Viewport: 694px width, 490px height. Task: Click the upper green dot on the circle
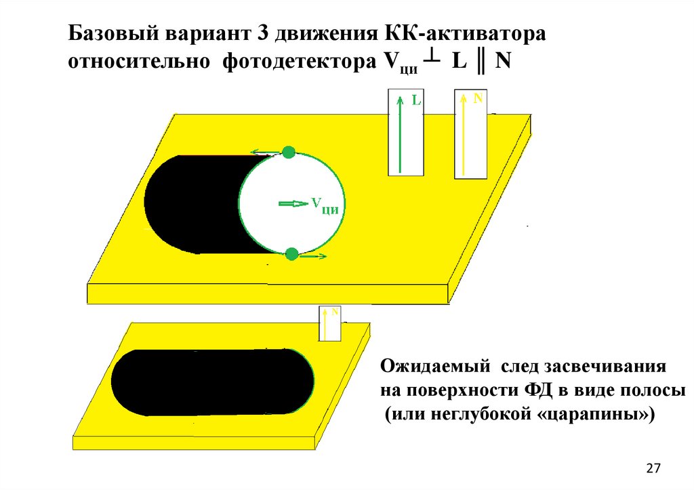[289, 152]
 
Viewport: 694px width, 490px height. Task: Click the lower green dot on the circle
[291, 254]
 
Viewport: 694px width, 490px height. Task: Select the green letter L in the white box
[417, 100]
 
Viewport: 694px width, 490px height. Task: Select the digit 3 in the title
[262, 33]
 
